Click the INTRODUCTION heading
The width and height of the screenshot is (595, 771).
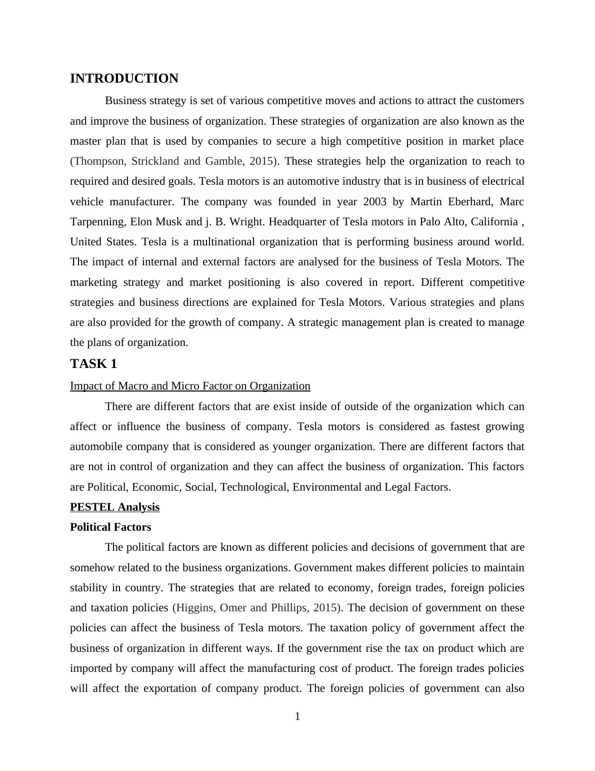point(124,79)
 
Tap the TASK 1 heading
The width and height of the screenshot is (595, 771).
point(93,364)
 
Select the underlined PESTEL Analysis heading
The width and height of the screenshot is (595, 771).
point(114,507)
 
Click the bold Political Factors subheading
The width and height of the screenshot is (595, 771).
point(110,527)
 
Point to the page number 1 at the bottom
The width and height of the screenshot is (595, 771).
point(297,717)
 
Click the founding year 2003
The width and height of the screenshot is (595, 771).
point(375,202)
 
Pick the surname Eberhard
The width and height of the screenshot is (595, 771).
point(467,202)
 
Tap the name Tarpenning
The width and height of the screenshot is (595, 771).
point(97,222)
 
